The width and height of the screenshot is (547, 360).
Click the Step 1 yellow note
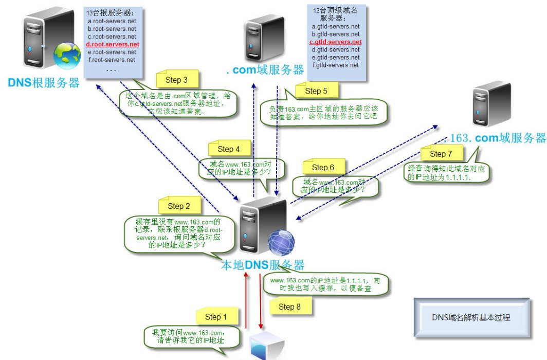click(x=216, y=316)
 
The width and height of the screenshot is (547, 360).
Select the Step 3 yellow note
click(x=177, y=80)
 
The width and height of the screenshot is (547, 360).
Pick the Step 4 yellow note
click(x=229, y=149)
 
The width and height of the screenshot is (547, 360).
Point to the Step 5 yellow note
click(x=316, y=91)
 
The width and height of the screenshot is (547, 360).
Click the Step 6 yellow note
click(x=323, y=167)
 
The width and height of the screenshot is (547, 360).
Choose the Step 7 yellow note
click(x=441, y=153)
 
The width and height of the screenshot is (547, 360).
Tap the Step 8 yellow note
click(x=286, y=307)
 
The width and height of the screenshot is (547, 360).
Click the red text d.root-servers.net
click(x=113, y=44)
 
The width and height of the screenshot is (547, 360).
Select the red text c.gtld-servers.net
click(x=336, y=42)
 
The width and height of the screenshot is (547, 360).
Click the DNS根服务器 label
click(x=44, y=83)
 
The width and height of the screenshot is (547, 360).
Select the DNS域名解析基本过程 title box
click(x=471, y=317)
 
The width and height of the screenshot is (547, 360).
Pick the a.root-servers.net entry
click(x=112, y=21)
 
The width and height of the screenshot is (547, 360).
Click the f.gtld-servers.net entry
click(x=336, y=65)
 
